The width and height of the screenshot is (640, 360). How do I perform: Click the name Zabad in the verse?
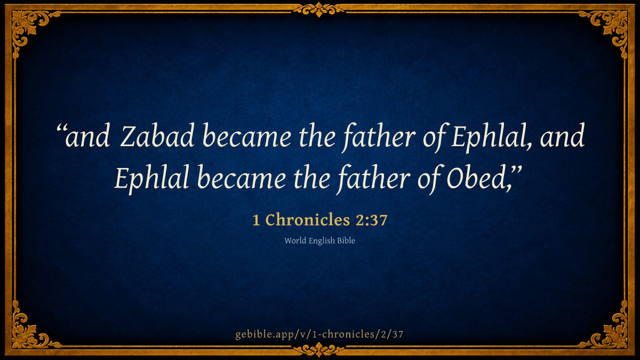(x=157, y=135)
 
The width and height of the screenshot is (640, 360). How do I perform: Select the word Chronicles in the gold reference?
(x=308, y=220)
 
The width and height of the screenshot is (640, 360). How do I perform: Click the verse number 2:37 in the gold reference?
(x=371, y=220)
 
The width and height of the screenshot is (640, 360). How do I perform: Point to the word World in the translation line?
(x=295, y=241)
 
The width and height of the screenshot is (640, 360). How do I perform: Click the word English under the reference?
(x=322, y=241)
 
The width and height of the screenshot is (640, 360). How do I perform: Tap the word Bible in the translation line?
(x=346, y=241)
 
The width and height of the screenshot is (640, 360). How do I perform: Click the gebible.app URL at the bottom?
(x=319, y=334)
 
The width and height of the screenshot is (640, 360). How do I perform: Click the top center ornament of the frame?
(x=319, y=9)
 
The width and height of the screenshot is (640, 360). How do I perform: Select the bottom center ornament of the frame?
(x=319, y=350)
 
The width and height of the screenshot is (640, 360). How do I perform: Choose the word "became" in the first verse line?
(x=247, y=135)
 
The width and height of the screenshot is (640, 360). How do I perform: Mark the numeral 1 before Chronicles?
(x=257, y=221)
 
